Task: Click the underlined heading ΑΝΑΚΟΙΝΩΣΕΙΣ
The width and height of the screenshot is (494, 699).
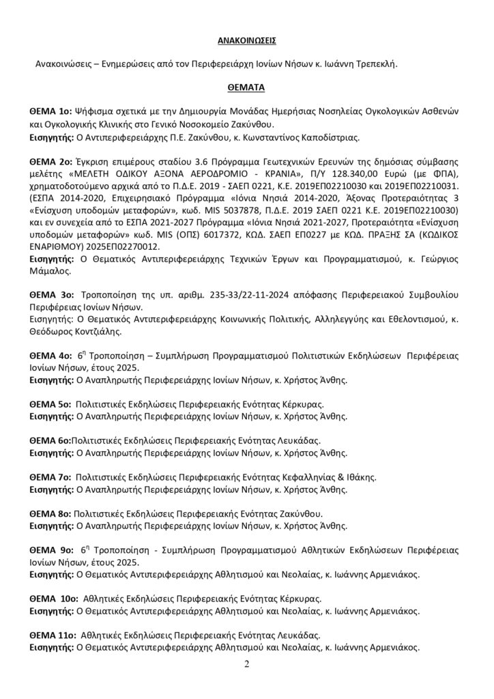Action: pyautogui.click(x=246, y=40)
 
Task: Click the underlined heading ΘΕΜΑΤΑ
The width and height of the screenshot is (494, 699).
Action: pyautogui.click(x=246, y=88)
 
